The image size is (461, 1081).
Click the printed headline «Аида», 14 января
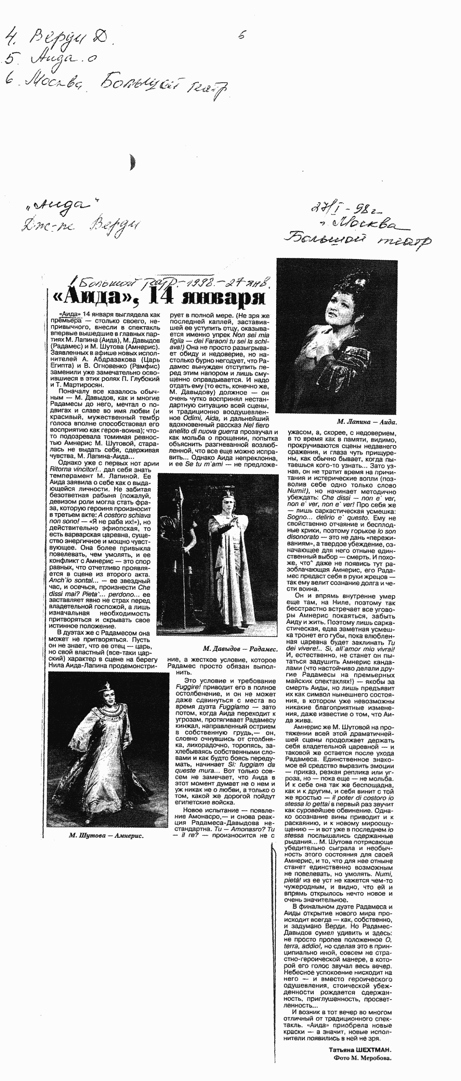coord(160,298)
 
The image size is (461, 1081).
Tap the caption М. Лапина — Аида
coord(367,422)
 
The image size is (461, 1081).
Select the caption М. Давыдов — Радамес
coord(240,649)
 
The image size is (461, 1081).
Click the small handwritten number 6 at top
coord(241,36)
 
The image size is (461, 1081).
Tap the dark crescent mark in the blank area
coord(133,163)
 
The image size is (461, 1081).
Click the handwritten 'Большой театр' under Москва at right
coord(357,241)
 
